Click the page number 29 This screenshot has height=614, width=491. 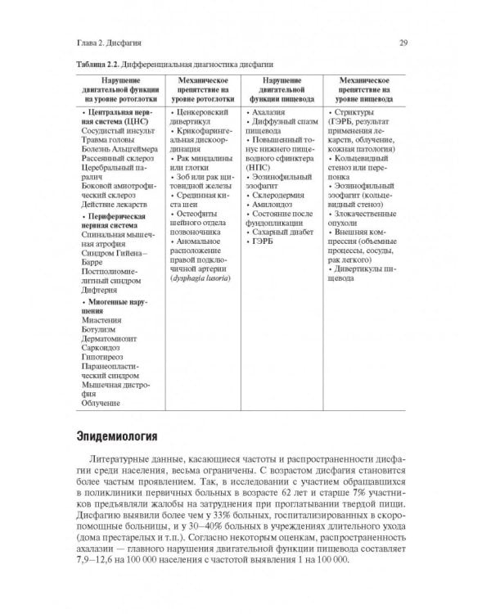415,43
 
